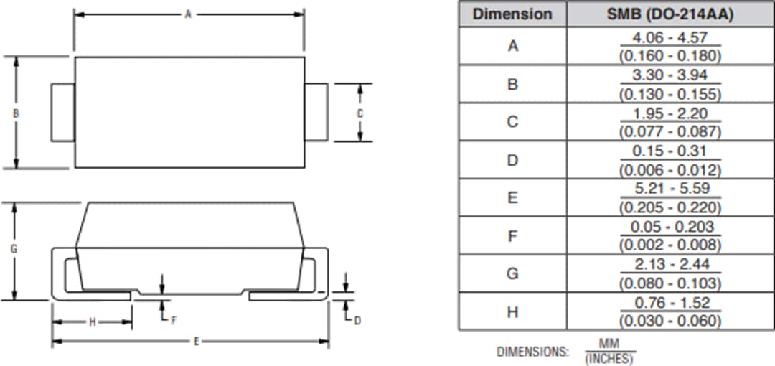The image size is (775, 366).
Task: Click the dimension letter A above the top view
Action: tap(188, 14)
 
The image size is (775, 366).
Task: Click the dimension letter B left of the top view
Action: tap(16, 113)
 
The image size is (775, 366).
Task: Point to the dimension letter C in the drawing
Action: tap(360, 113)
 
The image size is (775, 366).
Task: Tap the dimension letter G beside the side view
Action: tap(14, 249)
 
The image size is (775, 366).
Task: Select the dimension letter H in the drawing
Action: tap(92, 322)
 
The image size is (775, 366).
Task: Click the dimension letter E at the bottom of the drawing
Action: tap(196, 342)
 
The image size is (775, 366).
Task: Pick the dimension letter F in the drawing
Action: tap(173, 320)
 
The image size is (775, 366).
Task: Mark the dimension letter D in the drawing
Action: tap(357, 320)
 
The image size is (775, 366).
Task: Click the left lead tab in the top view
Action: tap(63, 112)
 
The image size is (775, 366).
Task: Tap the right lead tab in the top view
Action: tap(316, 112)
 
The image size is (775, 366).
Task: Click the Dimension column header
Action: tap(512, 14)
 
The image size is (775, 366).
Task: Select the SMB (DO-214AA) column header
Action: tap(670, 14)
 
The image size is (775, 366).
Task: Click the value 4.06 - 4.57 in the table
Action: tap(670, 37)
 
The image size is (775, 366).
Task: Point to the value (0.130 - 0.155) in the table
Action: tap(670, 94)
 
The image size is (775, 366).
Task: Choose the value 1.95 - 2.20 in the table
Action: tap(670, 113)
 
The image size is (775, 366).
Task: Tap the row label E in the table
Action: tap(512, 197)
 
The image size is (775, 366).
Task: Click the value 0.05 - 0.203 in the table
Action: tap(670, 227)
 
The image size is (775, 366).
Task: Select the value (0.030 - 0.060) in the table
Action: tap(670, 321)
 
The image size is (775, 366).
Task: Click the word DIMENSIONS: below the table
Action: tap(532, 352)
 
